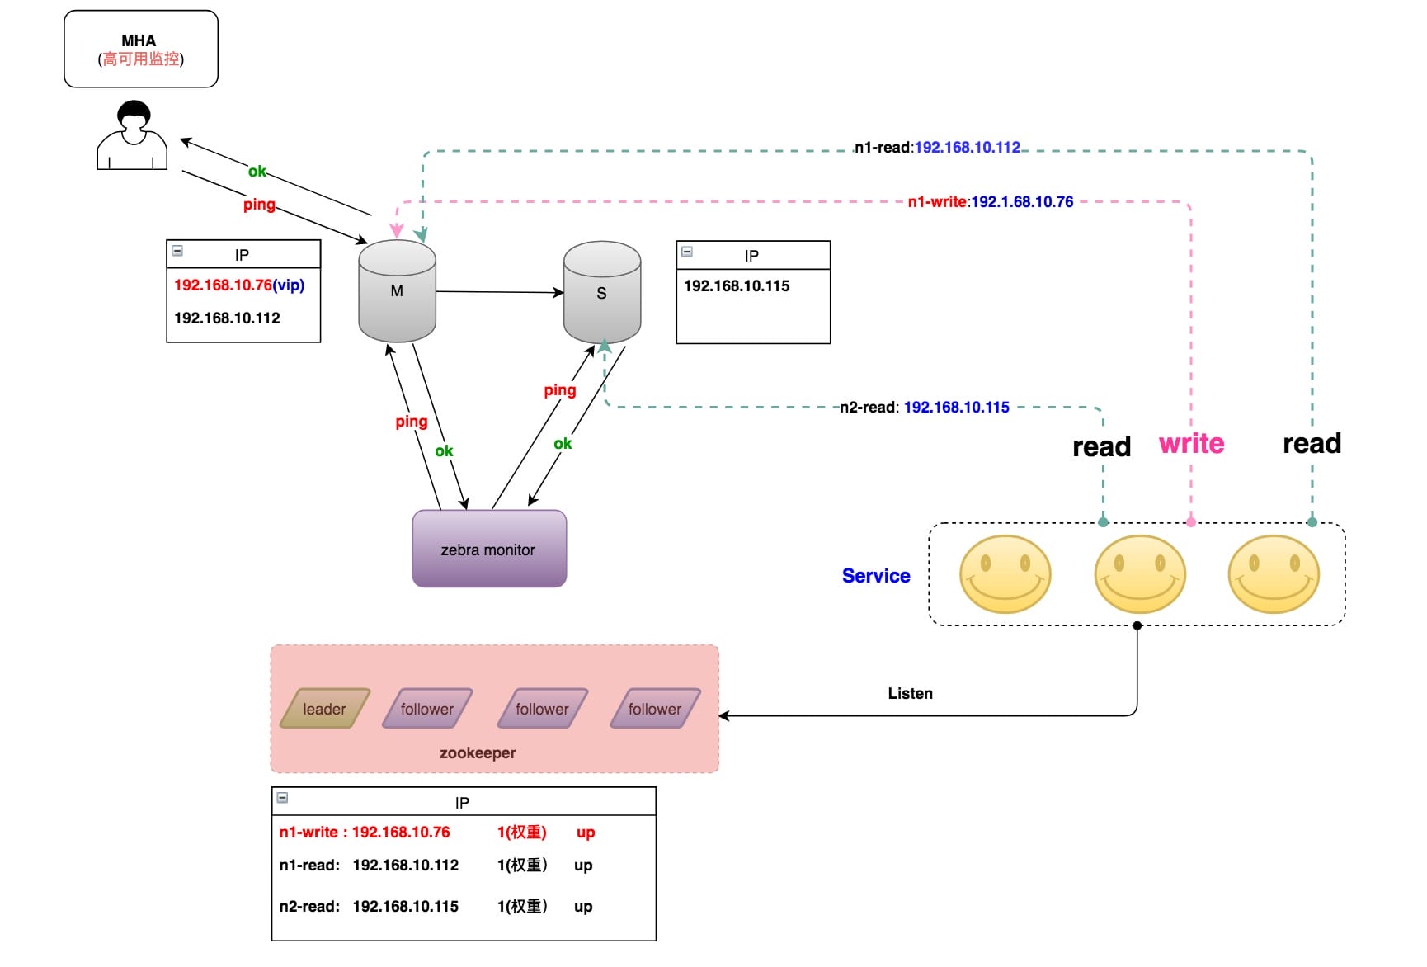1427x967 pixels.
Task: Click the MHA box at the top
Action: pyautogui.click(x=141, y=49)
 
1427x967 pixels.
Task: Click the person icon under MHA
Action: pyautogui.click(x=133, y=136)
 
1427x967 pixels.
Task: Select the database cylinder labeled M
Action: pyautogui.click(x=397, y=291)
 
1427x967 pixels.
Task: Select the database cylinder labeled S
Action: pyautogui.click(x=602, y=293)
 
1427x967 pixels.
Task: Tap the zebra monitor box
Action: pyautogui.click(x=489, y=550)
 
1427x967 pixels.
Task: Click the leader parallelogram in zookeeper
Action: pyautogui.click(x=324, y=709)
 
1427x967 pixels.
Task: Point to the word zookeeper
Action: pyautogui.click(x=478, y=752)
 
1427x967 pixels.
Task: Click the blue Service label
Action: pyautogui.click(x=876, y=576)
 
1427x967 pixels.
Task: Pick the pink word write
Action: pyautogui.click(x=1191, y=444)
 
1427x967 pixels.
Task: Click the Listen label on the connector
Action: pyautogui.click(x=910, y=694)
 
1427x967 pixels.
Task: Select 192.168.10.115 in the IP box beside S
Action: pyautogui.click(x=737, y=286)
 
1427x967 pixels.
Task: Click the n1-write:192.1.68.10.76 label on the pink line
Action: pyautogui.click(x=990, y=202)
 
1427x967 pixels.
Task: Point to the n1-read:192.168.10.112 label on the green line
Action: pyautogui.click(x=937, y=148)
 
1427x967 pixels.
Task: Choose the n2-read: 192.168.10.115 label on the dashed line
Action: pyautogui.click(x=924, y=408)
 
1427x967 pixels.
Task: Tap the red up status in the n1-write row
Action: pyautogui.click(x=586, y=833)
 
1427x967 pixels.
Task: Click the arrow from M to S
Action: pyautogui.click(x=499, y=292)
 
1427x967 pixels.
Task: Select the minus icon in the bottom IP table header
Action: pyautogui.click(x=282, y=798)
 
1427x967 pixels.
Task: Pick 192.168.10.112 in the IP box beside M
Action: pyautogui.click(x=228, y=318)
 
